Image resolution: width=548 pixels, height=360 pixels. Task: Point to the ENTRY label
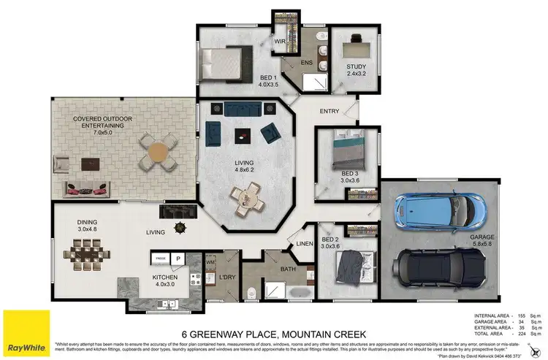330,112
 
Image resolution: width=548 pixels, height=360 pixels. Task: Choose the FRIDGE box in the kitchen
160,258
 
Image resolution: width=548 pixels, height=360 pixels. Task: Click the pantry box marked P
178,258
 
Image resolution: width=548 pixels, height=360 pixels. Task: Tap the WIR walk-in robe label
279,42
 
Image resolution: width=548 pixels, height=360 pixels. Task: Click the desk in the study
356,43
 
